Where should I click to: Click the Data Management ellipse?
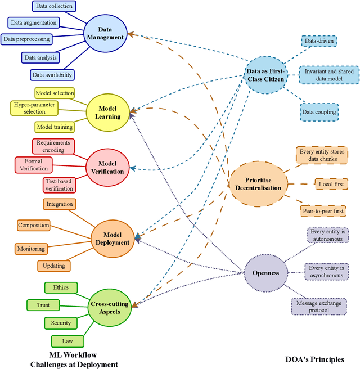point(105,33)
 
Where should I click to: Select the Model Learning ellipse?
point(107,112)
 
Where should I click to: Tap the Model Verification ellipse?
point(107,167)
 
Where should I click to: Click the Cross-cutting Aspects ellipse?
point(109,308)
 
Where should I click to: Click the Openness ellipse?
point(266,273)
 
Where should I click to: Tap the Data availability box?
point(52,74)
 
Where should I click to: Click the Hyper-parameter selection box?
point(35,107)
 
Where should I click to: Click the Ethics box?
point(61,287)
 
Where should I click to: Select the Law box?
point(67,340)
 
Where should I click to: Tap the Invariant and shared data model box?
point(328,76)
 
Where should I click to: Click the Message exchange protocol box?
point(319,307)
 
